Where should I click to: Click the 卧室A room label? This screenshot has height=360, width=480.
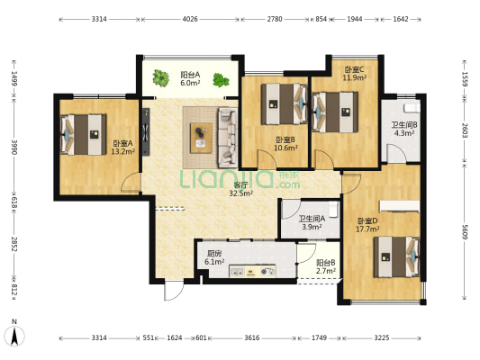point(123,143)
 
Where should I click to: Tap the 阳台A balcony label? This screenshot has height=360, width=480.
point(190,75)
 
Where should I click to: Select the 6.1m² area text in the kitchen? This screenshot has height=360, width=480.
point(214,262)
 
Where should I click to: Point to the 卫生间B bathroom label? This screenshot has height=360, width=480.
point(404,125)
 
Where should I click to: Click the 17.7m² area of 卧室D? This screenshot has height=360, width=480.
point(367,229)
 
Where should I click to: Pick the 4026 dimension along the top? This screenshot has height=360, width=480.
point(190,19)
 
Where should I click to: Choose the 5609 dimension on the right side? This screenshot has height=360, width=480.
point(465,232)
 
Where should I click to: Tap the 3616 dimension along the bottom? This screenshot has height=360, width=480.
point(252,337)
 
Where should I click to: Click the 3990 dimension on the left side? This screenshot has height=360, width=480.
point(14,147)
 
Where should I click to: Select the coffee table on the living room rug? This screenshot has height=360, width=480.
point(201,138)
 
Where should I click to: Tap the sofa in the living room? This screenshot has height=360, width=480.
point(228,138)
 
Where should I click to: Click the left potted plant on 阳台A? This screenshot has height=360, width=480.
point(160,77)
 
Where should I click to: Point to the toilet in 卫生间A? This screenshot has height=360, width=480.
point(332,209)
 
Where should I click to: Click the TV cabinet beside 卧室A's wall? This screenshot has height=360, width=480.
point(146,131)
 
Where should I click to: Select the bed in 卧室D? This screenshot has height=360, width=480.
point(397,257)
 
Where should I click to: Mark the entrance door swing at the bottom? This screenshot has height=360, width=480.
point(174,291)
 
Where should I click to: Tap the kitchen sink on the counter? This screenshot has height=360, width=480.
point(238,272)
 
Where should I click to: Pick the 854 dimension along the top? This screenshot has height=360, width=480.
point(322,19)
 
